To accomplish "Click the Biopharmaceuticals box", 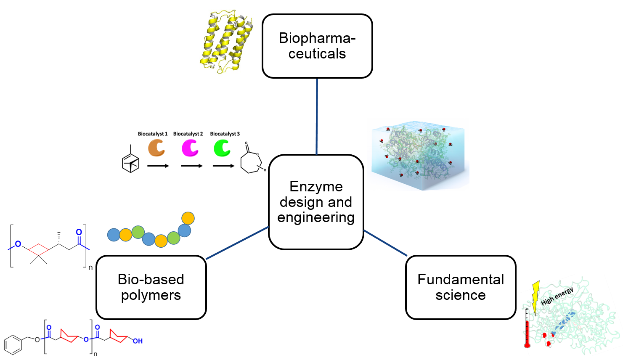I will click(317, 46).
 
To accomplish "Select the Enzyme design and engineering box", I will click(316, 202).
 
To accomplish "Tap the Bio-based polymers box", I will click(151, 287).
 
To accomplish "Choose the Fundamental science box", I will click(461, 287).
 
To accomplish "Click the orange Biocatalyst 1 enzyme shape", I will click(156, 148).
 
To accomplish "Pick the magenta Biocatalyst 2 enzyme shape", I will click(190, 148).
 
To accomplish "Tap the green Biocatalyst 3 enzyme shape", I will click(222, 148).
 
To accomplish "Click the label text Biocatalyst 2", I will click(188, 134).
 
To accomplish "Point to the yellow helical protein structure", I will click(226, 41).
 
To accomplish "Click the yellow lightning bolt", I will click(536, 297).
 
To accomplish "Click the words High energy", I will click(557, 296).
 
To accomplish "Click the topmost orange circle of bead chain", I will click(188, 218).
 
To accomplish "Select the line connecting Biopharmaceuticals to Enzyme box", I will click(317, 116).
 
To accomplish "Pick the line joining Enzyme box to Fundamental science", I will click(385, 243).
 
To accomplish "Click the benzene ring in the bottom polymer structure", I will click(13, 345).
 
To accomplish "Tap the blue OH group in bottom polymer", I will click(138, 341).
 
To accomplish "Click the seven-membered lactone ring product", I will click(251, 162).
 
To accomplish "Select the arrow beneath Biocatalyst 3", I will click(223, 166).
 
